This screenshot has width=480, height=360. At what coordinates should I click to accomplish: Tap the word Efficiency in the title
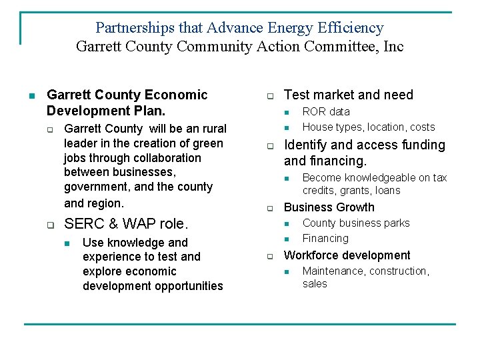tap(351, 28)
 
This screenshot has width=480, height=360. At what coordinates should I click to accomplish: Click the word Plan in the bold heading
tap(149, 111)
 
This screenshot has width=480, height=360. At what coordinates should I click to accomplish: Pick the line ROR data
tap(326, 111)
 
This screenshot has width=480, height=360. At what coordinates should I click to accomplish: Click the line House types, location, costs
tap(369, 127)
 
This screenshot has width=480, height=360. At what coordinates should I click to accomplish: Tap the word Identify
tap(305, 145)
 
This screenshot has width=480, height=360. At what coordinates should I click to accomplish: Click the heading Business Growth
tap(329, 207)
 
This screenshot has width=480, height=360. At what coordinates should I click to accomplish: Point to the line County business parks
tap(356, 223)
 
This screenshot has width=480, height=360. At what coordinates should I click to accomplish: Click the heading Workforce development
tap(347, 255)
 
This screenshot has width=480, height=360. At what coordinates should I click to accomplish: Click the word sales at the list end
tap(315, 283)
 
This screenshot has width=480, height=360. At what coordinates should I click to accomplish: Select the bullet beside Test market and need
tap(271, 95)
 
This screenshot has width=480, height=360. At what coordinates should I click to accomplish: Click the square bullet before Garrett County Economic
tap(31, 95)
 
